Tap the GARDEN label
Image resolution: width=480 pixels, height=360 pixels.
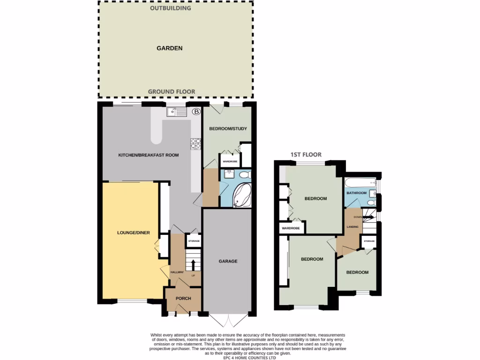169,48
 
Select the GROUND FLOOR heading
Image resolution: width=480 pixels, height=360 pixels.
172,91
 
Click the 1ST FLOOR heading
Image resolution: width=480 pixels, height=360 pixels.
306,155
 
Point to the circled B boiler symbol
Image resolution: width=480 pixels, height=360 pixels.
196,112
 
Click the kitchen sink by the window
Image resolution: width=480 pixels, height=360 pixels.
176,112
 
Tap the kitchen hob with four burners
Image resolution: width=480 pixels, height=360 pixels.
195,143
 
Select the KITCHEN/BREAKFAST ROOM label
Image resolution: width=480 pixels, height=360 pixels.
149,155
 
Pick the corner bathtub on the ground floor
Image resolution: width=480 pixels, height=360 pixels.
242,195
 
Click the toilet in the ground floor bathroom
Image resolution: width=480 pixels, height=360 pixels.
244,175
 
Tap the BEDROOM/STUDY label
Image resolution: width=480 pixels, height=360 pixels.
228,129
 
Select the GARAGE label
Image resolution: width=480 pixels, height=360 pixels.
228,261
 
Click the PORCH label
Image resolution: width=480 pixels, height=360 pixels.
183,299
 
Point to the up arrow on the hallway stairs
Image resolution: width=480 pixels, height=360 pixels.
193,265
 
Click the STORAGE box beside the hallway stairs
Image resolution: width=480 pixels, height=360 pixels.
194,241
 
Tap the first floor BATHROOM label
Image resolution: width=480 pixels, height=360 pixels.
356,193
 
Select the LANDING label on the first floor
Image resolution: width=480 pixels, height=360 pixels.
353,227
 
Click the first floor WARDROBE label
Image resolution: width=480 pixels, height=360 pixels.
291,229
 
